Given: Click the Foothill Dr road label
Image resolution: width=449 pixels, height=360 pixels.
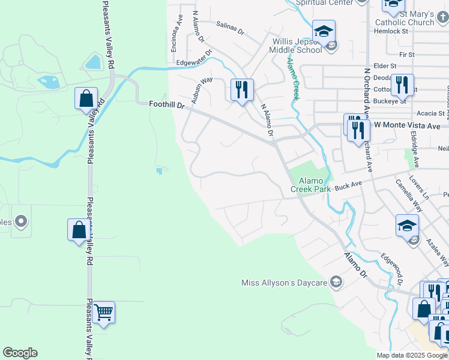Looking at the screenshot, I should [x=167, y=104].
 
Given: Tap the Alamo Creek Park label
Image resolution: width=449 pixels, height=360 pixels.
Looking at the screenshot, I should [x=311, y=184].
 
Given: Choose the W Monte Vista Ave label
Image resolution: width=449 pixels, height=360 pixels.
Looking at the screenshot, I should [x=411, y=125].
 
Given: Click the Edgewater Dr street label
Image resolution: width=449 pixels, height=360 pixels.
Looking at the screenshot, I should [x=194, y=58].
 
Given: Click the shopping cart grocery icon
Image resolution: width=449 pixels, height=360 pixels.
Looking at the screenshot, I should [x=103, y=312].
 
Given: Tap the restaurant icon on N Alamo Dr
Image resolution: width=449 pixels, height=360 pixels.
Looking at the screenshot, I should [x=242, y=89].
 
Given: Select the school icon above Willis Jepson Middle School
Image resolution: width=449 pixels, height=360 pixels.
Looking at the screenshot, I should [x=324, y=31].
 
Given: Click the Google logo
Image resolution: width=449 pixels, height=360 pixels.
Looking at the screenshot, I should [x=20, y=353].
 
